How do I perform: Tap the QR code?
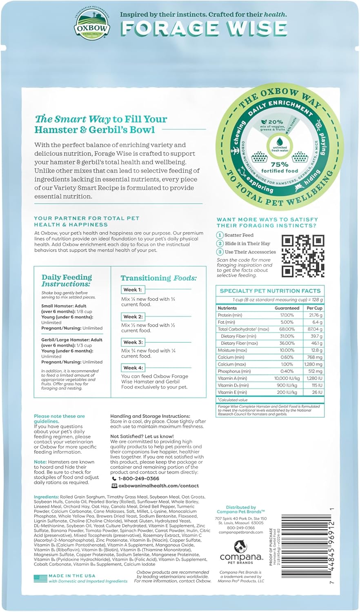point(303,256)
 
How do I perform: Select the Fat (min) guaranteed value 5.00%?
point(287,322)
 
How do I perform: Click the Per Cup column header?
point(314,308)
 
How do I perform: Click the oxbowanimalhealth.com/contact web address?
point(158,486)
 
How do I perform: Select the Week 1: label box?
point(132,290)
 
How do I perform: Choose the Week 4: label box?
point(133,368)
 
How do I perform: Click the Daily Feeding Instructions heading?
point(67,280)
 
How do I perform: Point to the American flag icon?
point(40,578)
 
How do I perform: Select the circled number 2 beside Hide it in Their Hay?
point(220,244)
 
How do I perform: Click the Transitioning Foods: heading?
point(158,278)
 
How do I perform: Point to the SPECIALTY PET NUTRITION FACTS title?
point(270,291)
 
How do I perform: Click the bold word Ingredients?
point(47,497)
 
